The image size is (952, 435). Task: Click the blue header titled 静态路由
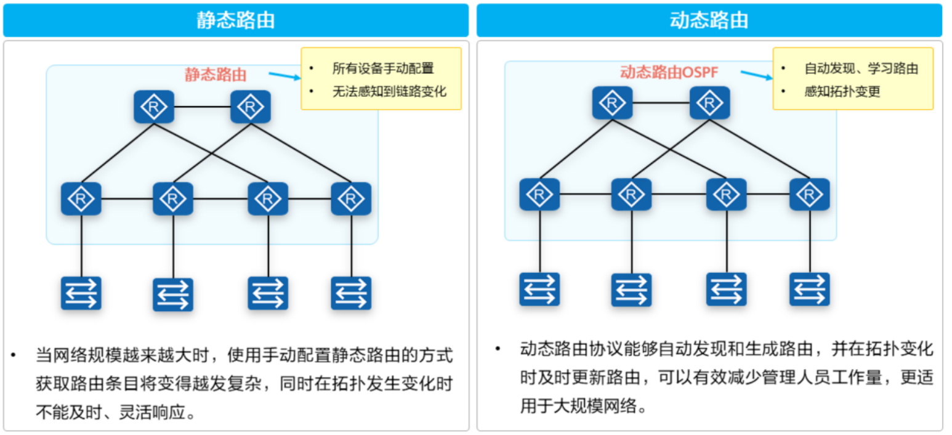pyautogui.click(x=236, y=20)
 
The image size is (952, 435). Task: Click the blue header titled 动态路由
pyautogui.click(x=709, y=20)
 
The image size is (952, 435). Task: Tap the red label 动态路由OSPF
pyautogui.click(x=669, y=73)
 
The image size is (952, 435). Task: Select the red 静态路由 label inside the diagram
pyautogui.click(x=216, y=75)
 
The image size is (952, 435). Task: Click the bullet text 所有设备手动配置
pyautogui.click(x=383, y=68)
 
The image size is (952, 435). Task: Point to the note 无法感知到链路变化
pyautogui.click(x=389, y=91)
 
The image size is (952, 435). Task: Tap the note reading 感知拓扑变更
pyautogui.click(x=842, y=91)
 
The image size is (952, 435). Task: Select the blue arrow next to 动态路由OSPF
pyautogui.click(x=756, y=75)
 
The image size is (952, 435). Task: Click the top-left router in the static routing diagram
pyautogui.click(x=154, y=107)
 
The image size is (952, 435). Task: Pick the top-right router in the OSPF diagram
pyautogui.click(x=709, y=102)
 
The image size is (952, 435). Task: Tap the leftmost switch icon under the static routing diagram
pyautogui.click(x=81, y=293)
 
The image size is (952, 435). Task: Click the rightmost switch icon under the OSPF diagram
pyautogui.click(x=809, y=289)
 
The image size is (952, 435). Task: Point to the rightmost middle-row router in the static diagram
pyautogui.click(x=351, y=198)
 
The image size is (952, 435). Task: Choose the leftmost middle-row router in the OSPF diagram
pyautogui.click(x=539, y=194)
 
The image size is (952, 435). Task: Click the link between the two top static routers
pyautogui.click(x=202, y=107)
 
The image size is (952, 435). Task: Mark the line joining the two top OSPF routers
pyautogui.click(x=661, y=102)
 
